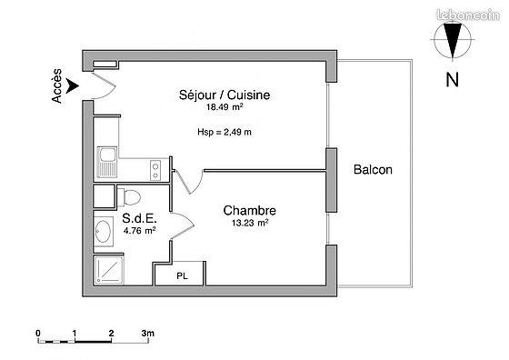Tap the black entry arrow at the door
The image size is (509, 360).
click(74, 85)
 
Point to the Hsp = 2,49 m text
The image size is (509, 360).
click(225, 133)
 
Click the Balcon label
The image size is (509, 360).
click(374, 170)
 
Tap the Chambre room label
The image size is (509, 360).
click(250, 210)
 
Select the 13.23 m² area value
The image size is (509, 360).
click(250, 223)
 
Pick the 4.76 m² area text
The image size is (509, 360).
click(139, 230)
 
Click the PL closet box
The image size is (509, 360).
click(183, 275)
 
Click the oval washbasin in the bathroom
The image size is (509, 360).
click(103, 232)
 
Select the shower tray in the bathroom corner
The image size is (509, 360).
click(106, 271)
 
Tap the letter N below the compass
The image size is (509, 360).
click(451, 80)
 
